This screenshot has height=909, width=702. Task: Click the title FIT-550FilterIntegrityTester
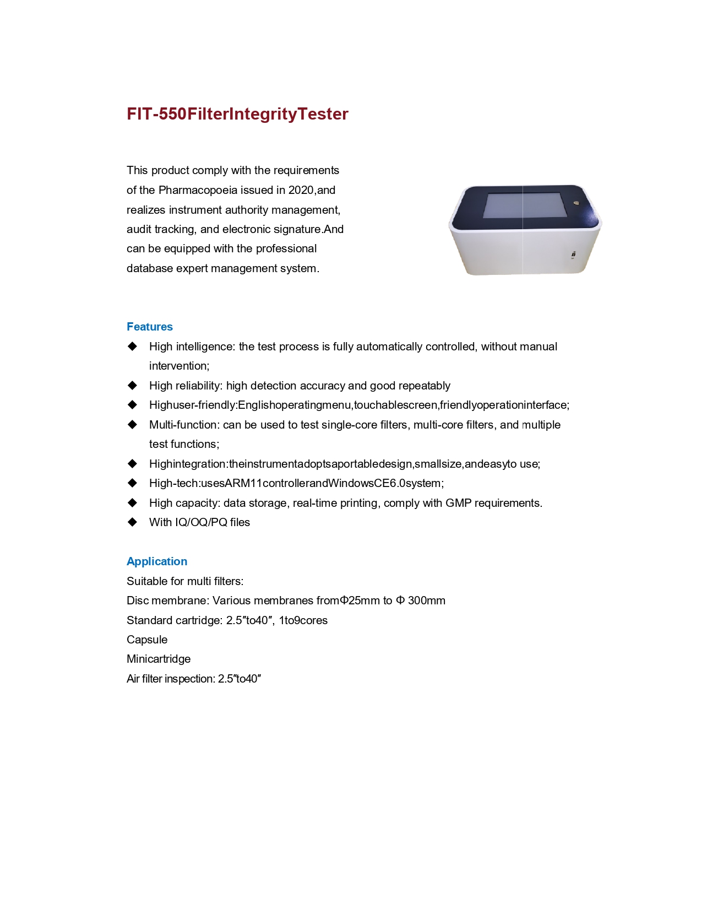click(x=237, y=114)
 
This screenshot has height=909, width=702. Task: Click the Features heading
click(x=150, y=327)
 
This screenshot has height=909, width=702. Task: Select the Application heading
click(x=157, y=561)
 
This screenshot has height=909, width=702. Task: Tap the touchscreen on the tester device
click(x=521, y=205)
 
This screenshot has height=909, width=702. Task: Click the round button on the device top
click(x=576, y=203)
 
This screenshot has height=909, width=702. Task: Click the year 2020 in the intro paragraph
click(x=301, y=190)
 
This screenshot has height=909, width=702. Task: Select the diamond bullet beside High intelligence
click(x=132, y=347)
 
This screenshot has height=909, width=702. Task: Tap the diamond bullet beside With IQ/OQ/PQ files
click(x=132, y=522)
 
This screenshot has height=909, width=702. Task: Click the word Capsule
click(x=147, y=640)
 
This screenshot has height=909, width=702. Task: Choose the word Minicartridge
click(x=159, y=659)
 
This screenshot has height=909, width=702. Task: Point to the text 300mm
click(x=427, y=600)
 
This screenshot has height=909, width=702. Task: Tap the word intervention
click(x=178, y=366)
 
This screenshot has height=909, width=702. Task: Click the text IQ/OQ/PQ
click(x=202, y=522)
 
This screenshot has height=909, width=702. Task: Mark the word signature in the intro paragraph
click(x=294, y=229)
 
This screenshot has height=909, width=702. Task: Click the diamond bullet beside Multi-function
click(x=132, y=425)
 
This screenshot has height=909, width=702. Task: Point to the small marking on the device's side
click(x=573, y=255)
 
